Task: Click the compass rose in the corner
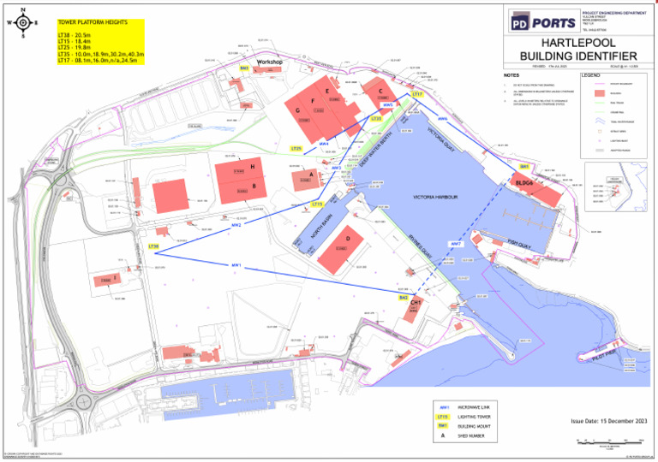(22, 23)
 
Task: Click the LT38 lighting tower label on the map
(153, 246)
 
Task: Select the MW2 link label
(236, 225)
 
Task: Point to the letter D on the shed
(348, 239)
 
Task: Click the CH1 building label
(416, 303)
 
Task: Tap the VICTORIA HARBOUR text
(438, 197)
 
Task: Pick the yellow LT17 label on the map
(418, 94)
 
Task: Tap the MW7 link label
(457, 244)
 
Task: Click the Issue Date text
(608, 420)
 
